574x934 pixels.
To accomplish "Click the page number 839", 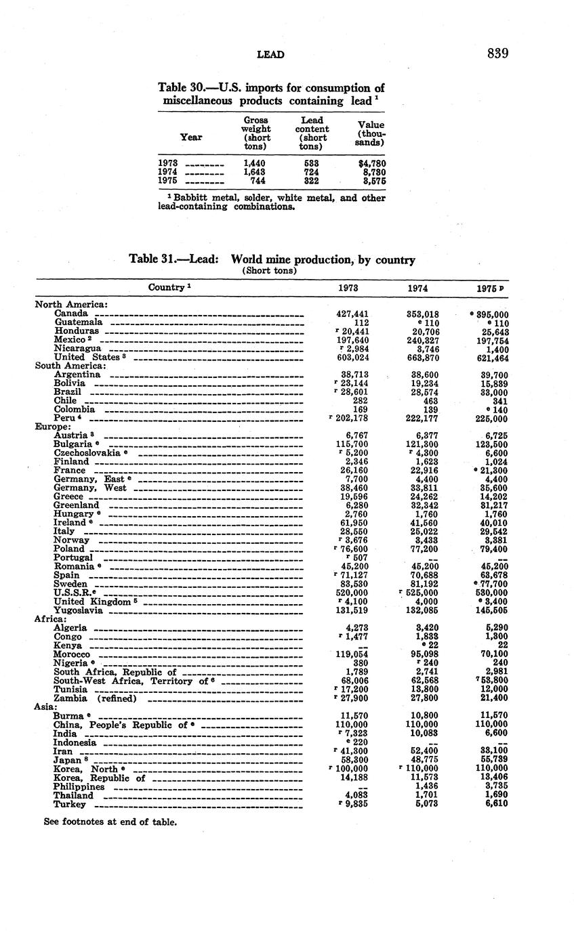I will coord(497,54).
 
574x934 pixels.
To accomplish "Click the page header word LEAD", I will coord(270,54).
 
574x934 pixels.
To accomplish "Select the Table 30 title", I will coord(271,94).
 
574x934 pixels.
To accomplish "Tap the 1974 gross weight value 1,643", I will coord(254,172).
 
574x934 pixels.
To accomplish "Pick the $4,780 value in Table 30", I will coord(371,163).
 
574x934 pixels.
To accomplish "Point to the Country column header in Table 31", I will coord(169,287).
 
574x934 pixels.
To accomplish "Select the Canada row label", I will coord(71,314).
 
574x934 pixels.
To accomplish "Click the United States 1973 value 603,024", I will coord(352,357).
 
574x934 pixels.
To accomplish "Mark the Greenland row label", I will coord(77,505).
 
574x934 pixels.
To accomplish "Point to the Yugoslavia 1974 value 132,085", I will coord(422,610).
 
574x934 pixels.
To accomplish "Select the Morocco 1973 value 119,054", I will coord(352,654).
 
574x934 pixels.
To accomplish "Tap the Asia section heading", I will coord(45,706).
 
